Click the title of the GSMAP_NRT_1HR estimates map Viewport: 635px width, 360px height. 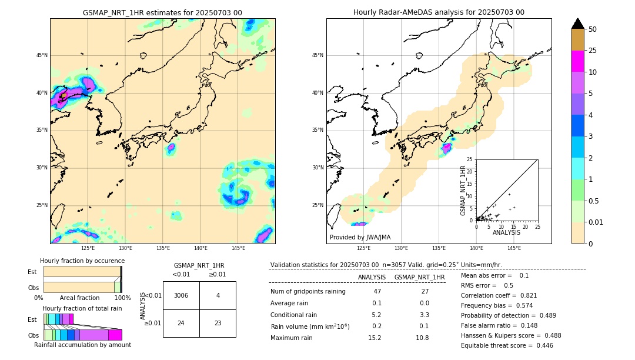coord(162,12)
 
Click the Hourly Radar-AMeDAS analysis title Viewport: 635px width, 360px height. coord(439,12)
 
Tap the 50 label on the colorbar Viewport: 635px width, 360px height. coord(593,29)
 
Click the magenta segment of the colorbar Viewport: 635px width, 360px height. coord(577,61)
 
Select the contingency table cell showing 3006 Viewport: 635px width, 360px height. coord(181,295)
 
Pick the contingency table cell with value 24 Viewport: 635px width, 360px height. coord(181,323)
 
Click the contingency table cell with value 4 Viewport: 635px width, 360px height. coord(218,295)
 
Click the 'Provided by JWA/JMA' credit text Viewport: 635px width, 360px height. coord(360,238)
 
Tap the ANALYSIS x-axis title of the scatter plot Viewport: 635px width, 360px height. coord(507,232)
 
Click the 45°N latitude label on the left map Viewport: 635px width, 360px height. coord(42,55)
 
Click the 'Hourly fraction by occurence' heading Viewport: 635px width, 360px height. coord(82,261)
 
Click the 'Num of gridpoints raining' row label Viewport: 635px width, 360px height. coord(308,291)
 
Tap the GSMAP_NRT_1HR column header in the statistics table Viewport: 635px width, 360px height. coord(419,277)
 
